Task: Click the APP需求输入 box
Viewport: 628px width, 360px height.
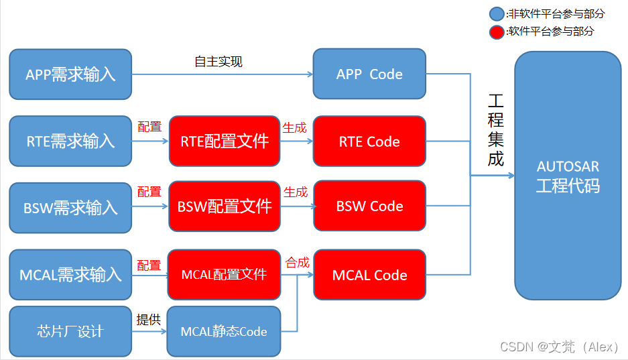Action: (x=70, y=74)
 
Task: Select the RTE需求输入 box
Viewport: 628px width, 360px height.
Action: (x=70, y=141)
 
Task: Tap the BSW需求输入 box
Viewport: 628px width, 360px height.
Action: (x=70, y=207)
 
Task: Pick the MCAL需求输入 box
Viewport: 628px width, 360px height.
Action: (x=70, y=274)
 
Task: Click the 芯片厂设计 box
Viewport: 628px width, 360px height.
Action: (x=70, y=331)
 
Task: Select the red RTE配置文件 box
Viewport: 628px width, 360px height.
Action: (x=225, y=141)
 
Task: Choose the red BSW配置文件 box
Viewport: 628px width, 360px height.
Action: (x=225, y=206)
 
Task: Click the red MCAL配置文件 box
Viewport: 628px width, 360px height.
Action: (x=225, y=274)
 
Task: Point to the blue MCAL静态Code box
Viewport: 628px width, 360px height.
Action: (x=224, y=331)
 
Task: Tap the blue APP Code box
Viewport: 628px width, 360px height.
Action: (x=369, y=74)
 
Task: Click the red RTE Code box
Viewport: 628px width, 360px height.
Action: (x=369, y=141)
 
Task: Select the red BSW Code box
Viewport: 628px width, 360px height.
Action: (x=369, y=206)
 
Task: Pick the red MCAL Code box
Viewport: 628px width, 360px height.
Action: (x=369, y=275)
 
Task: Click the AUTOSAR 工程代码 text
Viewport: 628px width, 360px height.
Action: (x=568, y=176)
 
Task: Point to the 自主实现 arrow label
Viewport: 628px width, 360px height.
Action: (x=218, y=62)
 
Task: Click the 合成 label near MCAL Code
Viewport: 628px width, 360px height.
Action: (x=298, y=262)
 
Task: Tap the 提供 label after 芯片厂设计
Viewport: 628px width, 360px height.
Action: (x=149, y=320)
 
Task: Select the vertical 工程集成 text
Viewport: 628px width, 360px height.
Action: (x=495, y=130)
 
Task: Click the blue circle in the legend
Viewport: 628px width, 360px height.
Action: (x=497, y=13)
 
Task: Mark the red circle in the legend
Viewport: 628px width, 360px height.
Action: (x=497, y=31)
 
